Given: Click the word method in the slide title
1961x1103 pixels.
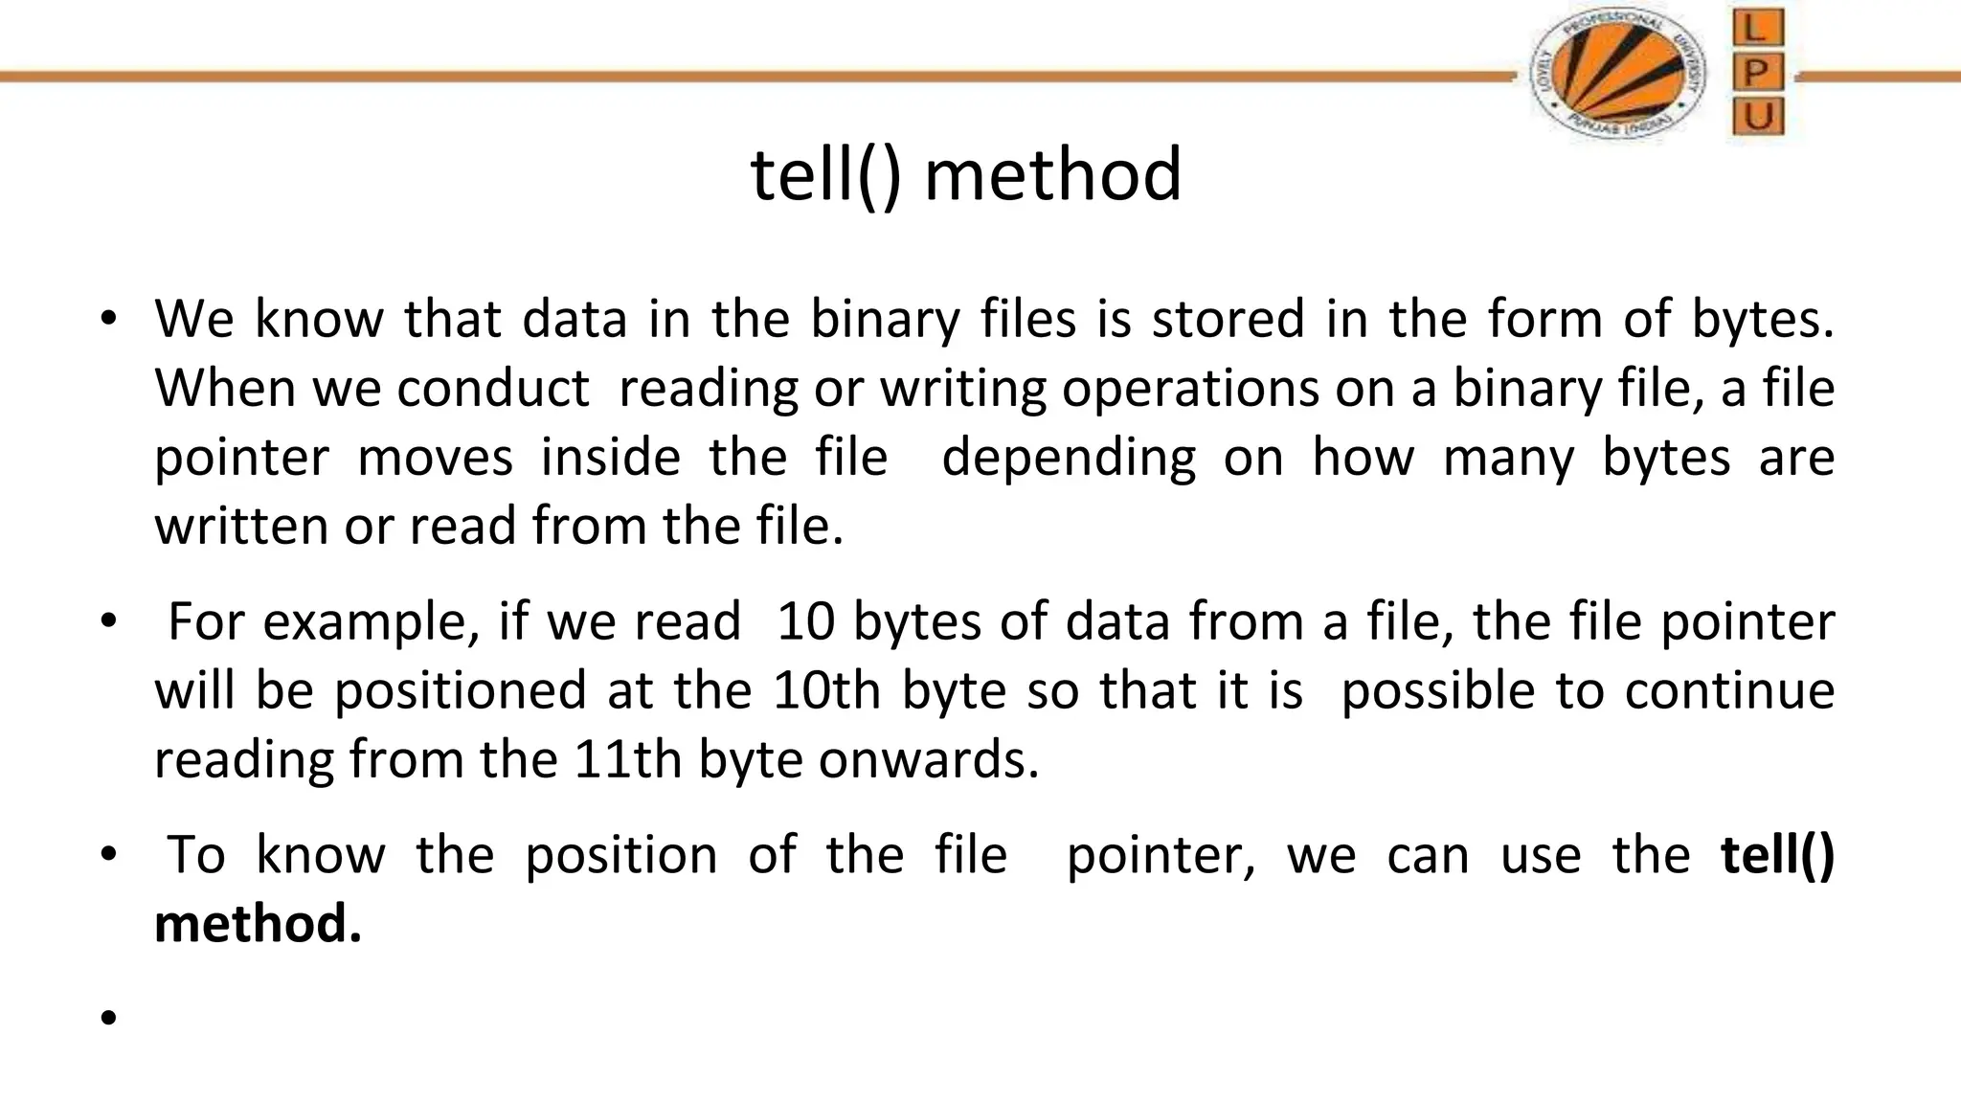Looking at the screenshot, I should tap(1053, 175).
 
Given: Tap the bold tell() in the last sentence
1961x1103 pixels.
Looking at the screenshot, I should tap(1777, 854).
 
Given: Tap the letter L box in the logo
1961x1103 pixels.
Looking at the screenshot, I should tap(1757, 28).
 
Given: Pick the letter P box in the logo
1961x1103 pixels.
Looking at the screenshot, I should tap(1757, 73).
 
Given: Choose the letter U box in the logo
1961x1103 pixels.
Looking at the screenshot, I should tap(1757, 117).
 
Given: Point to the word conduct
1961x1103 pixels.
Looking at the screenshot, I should tap(493, 389).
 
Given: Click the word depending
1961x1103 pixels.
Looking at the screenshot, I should tap(1069, 458).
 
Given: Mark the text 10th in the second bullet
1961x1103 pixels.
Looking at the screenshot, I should tap(826, 690).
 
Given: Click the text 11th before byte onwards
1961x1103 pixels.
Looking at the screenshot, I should tap(627, 759).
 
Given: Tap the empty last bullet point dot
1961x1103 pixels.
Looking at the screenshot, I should tap(107, 1017).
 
